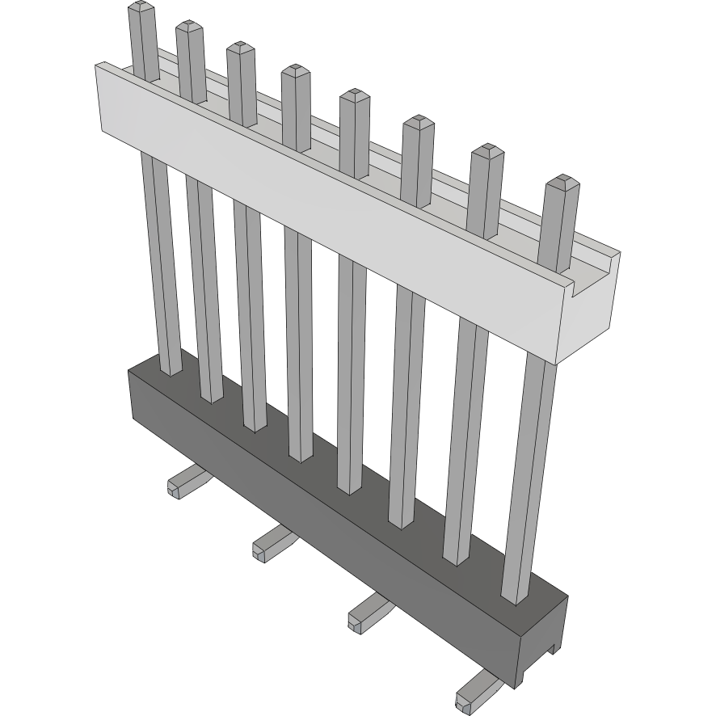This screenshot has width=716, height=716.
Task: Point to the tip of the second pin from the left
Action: (189, 27)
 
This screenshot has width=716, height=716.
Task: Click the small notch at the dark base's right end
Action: (552, 646)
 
